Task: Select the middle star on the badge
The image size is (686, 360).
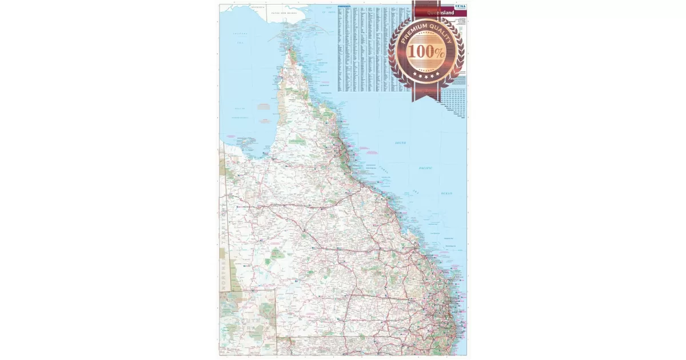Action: click(426, 76)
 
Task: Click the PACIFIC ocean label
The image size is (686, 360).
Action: click(425, 168)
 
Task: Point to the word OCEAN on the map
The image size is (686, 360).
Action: click(446, 193)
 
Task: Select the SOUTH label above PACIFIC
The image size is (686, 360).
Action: click(400, 143)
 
